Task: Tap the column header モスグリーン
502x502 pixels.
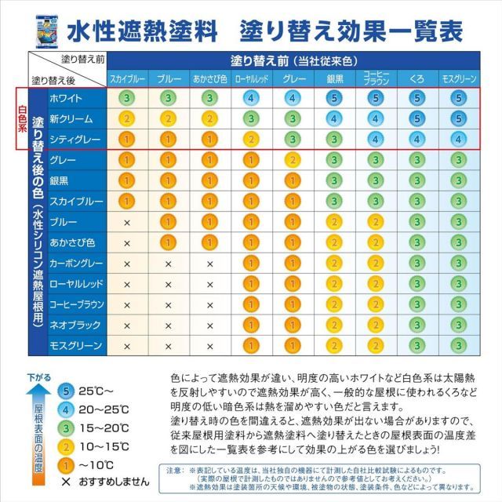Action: tap(458, 78)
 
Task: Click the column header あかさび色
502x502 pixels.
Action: tap(209, 78)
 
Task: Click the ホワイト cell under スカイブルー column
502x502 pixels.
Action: tap(126, 98)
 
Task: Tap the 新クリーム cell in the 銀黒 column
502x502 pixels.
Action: tap(333, 118)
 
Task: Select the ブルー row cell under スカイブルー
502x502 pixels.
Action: tap(126, 222)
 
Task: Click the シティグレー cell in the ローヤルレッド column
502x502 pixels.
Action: tap(250, 139)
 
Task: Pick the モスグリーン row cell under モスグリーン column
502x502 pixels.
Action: tap(458, 344)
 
